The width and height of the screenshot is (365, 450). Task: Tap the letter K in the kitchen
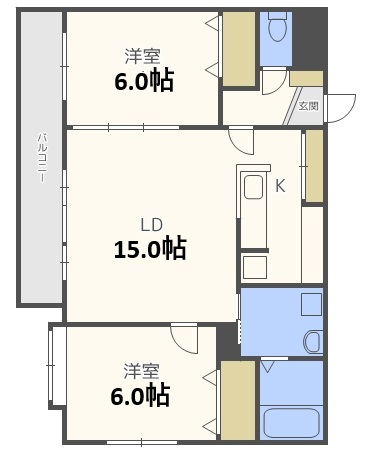pyautogui.click(x=281, y=185)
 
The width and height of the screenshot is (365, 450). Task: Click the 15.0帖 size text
pyautogui.click(x=150, y=248)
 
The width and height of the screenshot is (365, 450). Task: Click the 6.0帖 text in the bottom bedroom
pyautogui.click(x=139, y=395)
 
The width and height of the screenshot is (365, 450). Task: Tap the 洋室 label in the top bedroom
pyautogui.click(x=142, y=56)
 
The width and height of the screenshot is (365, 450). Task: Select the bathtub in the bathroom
pyautogui.click(x=290, y=423)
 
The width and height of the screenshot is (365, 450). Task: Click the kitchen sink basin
pyautogui.click(x=254, y=188)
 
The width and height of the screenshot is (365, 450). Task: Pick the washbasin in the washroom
pyautogui.click(x=312, y=340)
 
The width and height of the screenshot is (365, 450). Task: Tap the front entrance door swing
pyautogui.click(x=343, y=105)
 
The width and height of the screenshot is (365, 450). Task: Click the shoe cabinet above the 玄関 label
pyautogui.click(x=306, y=77)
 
